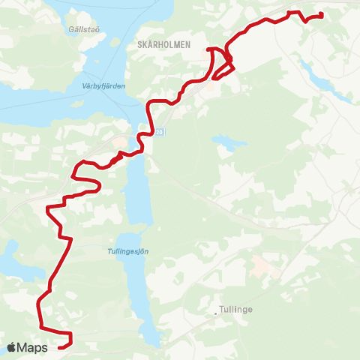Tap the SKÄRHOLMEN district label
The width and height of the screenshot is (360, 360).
tap(165, 45)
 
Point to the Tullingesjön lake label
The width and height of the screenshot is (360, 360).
tap(124, 252)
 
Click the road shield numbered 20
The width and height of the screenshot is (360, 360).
tap(158, 133)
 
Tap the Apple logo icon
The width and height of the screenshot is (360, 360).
tap(13, 347)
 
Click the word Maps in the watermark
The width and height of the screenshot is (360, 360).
tap(33, 347)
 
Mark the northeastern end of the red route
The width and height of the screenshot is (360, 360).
tap(320, 15)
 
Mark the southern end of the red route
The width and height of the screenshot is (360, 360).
tap(60, 346)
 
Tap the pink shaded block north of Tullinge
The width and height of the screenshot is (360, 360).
tap(262, 265)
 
